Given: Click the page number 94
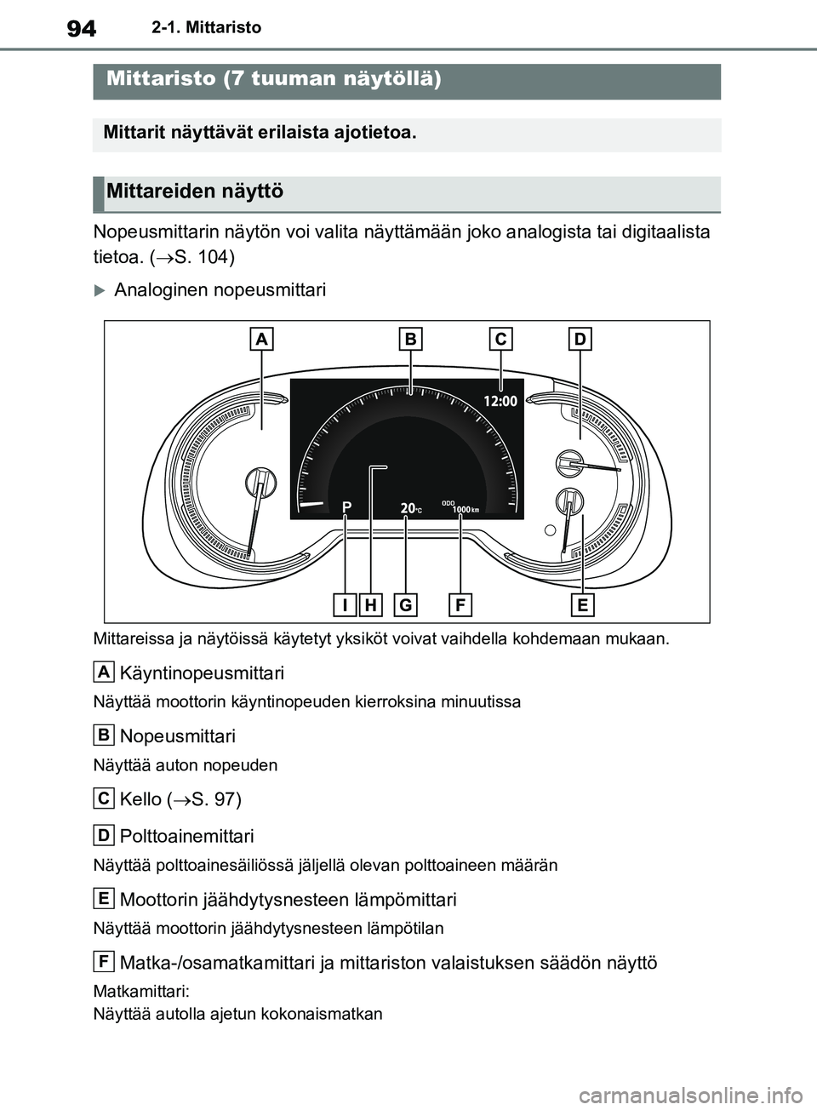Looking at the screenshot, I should (x=82, y=28).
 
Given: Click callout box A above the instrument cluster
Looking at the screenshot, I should (x=262, y=339).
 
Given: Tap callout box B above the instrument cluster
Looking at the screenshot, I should (x=410, y=339).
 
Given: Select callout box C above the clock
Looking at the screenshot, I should (x=500, y=339).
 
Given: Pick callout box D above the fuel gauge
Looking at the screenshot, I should (x=580, y=339).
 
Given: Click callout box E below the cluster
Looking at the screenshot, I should (x=582, y=605).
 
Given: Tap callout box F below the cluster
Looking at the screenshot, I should (x=460, y=605).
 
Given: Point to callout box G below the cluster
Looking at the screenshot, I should (x=405, y=605).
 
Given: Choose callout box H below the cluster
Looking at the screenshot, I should (x=371, y=605).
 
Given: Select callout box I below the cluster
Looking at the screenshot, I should (x=345, y=605).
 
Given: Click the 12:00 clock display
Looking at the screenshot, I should (x=500, y=401).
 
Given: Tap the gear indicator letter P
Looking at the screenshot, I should (x=346, y=507).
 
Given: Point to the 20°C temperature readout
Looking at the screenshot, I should (x=409, y=508).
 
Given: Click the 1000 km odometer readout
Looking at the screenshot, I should (x=465, y=509).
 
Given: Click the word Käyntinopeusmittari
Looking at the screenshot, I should (x=203, y=673).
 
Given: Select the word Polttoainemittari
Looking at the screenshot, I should (x=187, y=836).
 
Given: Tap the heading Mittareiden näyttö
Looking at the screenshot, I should (x=195, y=192).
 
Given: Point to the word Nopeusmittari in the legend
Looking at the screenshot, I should (x=178, y=736).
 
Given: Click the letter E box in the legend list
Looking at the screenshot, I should (x=103, y=898).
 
